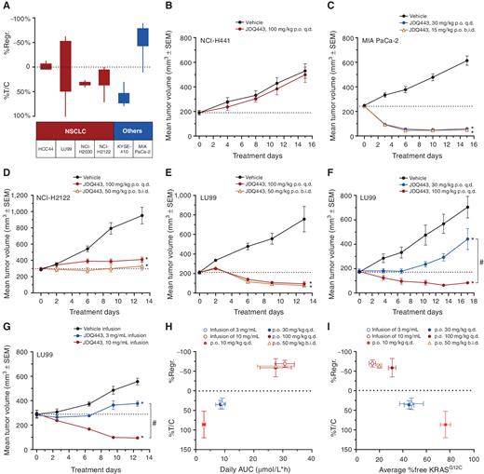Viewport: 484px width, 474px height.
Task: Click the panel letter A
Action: [7, 7]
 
